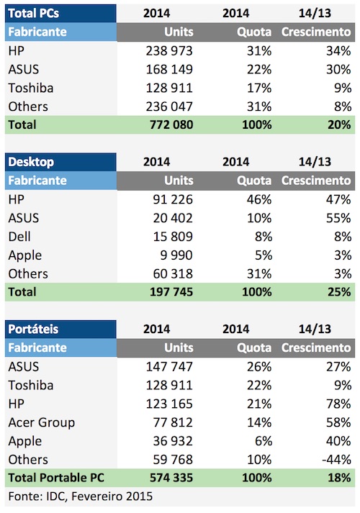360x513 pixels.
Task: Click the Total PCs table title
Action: coord(33,13)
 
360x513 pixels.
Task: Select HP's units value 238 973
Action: coord(169,50)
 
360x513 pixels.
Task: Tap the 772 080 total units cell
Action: coord(171,124)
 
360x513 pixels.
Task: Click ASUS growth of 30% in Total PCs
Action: coord(338,69)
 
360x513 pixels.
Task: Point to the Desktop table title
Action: coord(31,162)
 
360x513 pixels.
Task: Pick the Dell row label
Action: coord(19,237)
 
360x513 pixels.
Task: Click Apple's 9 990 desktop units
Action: coord(176,255)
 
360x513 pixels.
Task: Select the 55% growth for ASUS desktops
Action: coord(338,218)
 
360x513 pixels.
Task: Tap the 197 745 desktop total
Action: coord(171,292)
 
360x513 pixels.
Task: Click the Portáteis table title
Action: coord(33,329)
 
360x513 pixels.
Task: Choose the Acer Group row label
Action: coord(42,422)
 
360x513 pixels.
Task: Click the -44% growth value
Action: coord(336,460)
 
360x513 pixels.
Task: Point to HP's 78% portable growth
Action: coord(338,404)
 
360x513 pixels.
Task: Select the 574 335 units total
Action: coord(171,478)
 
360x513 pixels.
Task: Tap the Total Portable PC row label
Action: coord(56,478)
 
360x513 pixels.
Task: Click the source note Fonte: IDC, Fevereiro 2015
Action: coord(81,496)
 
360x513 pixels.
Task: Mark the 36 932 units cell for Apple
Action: coord(173,441)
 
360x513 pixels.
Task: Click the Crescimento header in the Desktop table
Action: coord(316,181)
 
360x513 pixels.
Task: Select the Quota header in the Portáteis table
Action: coord(254,348)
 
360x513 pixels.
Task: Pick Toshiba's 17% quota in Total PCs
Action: coord(259,88)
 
